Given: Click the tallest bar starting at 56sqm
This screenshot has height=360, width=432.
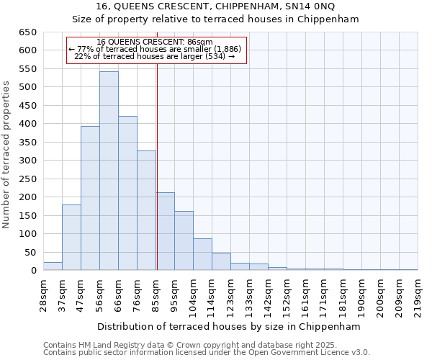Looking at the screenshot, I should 109,171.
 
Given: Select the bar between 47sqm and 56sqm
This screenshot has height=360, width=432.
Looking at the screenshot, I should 90,198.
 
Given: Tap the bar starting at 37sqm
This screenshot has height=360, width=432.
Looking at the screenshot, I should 71,237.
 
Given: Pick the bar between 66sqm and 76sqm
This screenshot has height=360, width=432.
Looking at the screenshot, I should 127,193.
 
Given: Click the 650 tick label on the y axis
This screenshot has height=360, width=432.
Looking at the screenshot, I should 27,32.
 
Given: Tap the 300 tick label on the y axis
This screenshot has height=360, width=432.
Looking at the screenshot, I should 27,161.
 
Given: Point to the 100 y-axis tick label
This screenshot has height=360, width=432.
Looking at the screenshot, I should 27,234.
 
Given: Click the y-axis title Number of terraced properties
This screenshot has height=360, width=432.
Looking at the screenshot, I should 7,155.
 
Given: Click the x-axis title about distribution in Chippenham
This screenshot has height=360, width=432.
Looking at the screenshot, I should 230,326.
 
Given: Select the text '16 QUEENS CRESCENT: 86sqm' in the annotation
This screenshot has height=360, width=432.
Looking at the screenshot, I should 155,42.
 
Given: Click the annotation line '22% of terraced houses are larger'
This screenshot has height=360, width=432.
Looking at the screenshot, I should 155,56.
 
